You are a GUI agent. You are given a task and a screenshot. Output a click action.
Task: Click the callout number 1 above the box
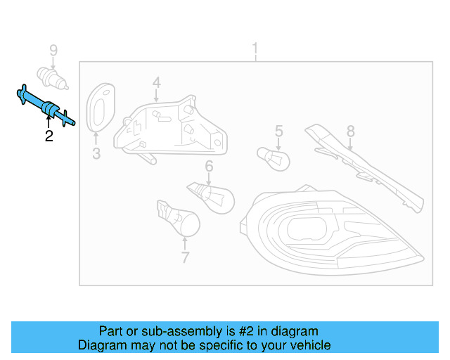(x=255, y=49)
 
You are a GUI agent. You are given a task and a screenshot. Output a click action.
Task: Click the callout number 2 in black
(x=49, y=136)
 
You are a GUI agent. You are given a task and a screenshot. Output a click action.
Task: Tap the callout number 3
(x=96, y=153)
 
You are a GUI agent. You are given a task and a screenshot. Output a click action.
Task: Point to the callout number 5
(x=278, y=130)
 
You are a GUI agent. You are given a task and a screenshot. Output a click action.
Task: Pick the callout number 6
(x=209, y=166)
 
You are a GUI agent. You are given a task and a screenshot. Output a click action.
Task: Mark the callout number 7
(x=185, y=257)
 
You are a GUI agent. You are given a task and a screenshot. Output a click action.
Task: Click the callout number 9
(x=53, y=50)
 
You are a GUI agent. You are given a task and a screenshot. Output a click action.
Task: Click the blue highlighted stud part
(x=46, y=107)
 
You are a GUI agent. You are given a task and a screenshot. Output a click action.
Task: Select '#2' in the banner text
(x=234, y=331)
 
